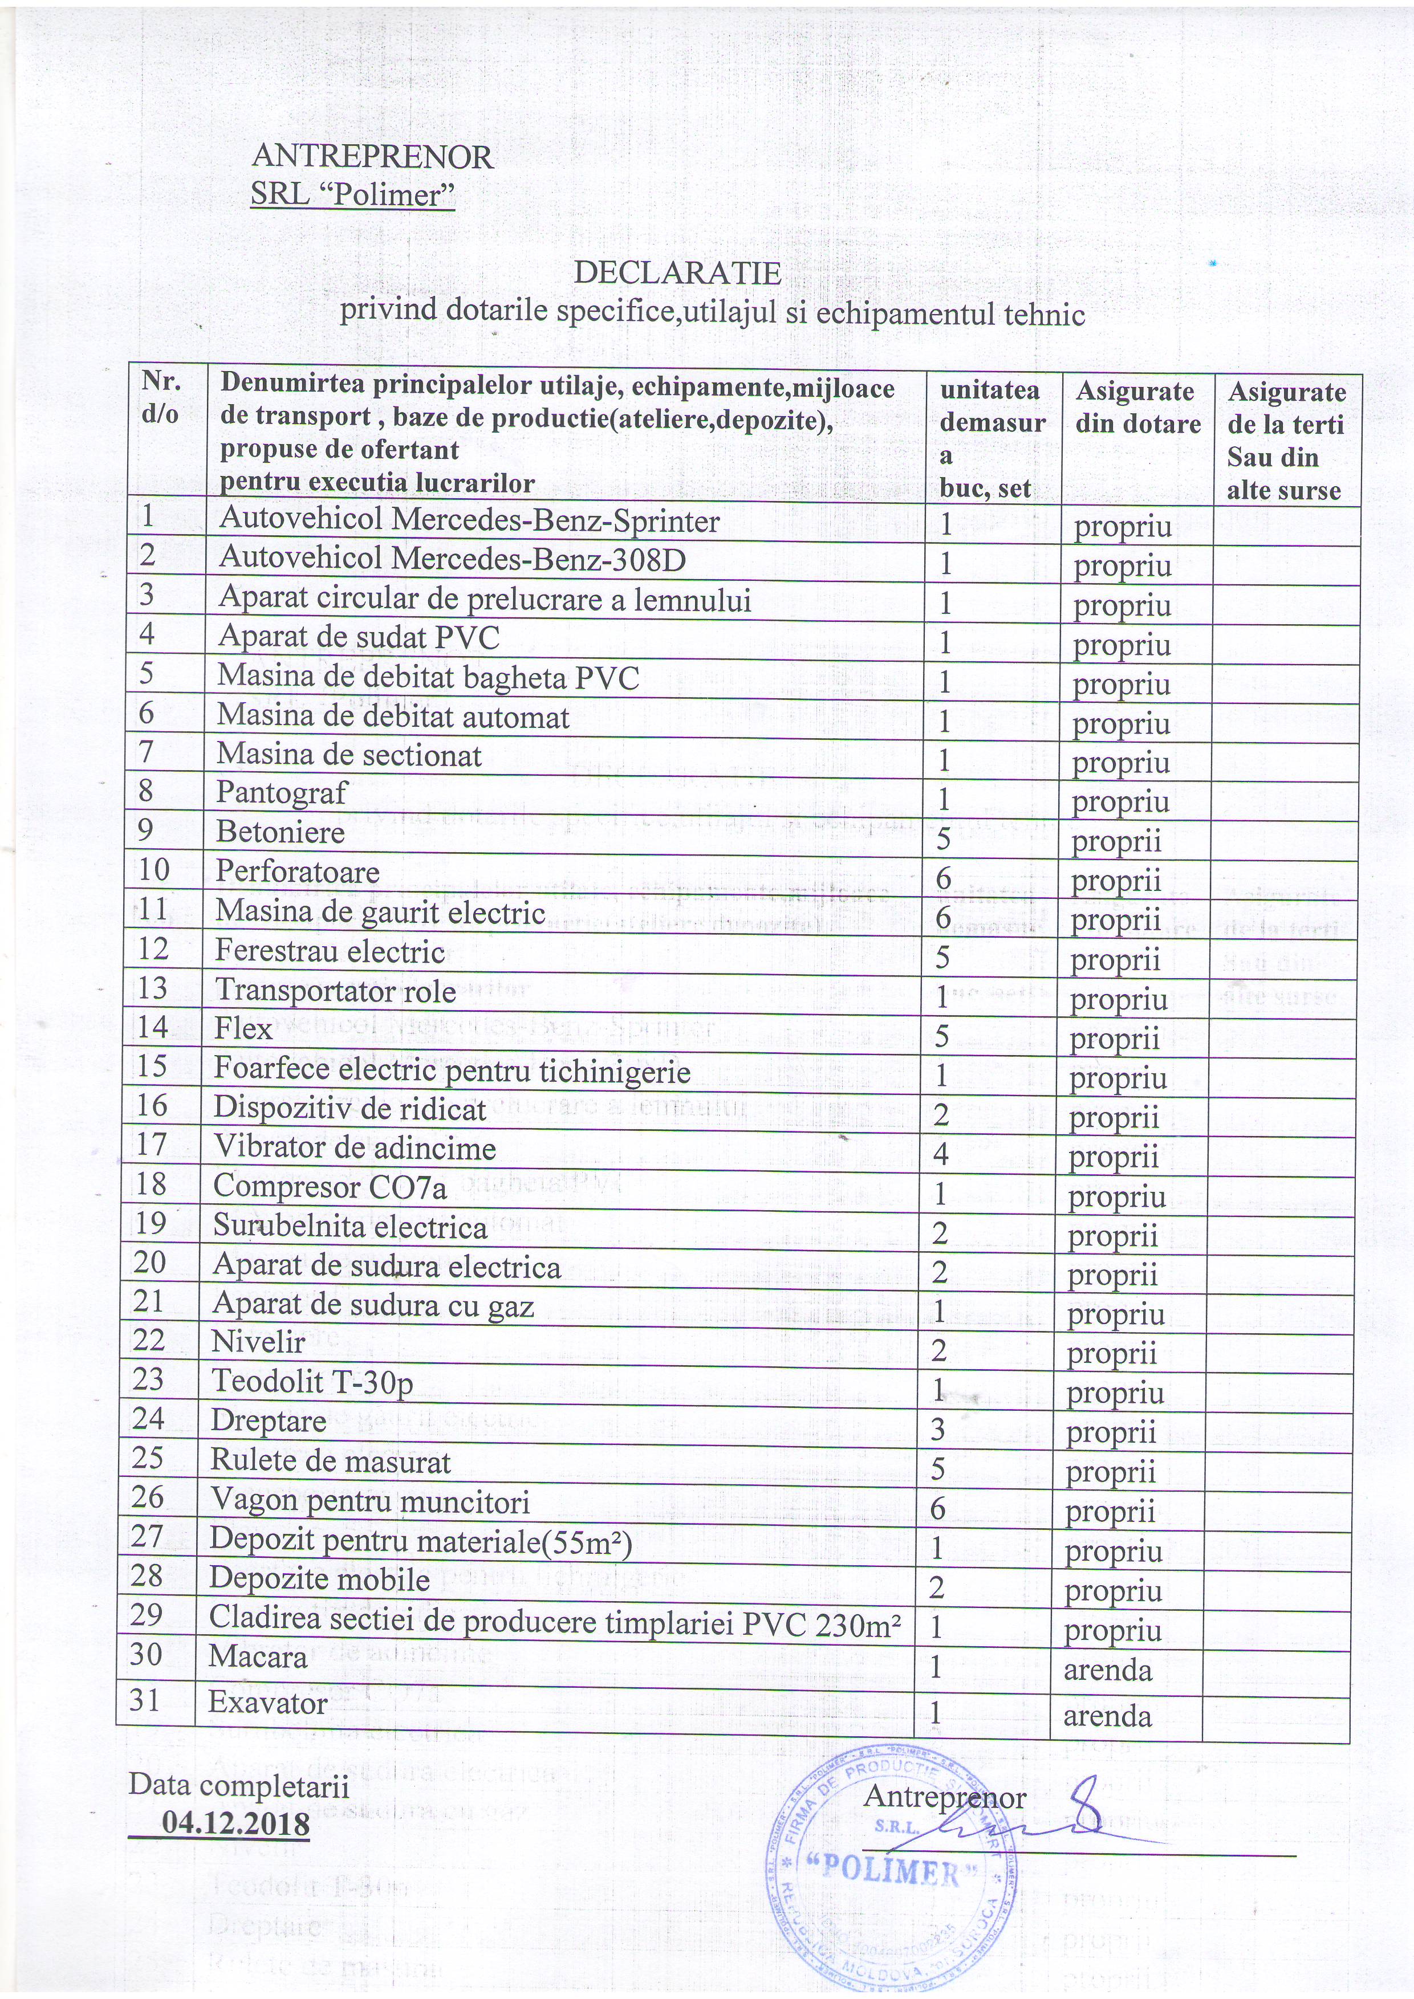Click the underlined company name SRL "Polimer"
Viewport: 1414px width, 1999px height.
point(352,194)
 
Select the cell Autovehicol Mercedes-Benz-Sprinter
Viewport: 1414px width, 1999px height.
point(469,520)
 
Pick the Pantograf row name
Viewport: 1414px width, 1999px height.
point(282,793)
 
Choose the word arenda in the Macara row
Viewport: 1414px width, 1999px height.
point(1107,1670)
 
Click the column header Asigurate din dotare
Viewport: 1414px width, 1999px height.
point(1137,408)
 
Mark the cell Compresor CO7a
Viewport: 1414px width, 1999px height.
point(330,1187)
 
